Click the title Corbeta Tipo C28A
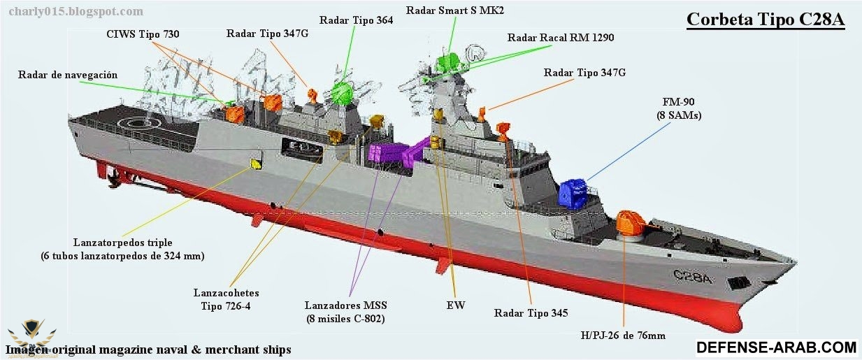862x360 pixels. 766,20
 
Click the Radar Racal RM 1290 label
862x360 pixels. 561,38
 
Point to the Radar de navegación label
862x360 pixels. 68,75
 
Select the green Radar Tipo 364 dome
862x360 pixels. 342,93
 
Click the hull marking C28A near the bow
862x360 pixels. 692,277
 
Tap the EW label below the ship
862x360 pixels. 455,305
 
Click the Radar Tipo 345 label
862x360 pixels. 531,312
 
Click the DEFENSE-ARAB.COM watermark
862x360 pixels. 777,347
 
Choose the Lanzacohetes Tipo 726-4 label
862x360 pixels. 226,300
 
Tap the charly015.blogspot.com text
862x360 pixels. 76,11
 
